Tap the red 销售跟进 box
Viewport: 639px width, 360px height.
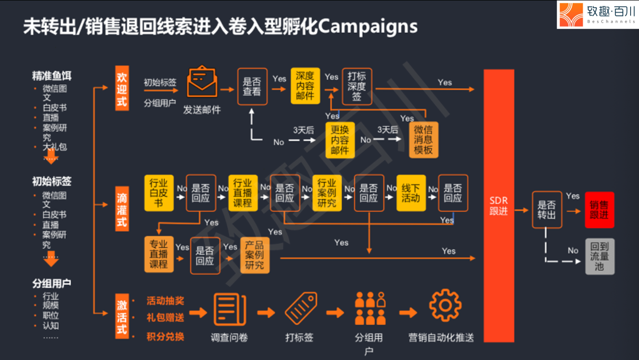(599, 210)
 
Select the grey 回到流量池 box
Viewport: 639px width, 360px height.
(599, 256)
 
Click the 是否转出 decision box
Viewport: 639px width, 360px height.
(547, 210)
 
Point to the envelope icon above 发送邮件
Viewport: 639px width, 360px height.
(202, 83)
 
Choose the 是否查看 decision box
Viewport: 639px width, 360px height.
(252, 87)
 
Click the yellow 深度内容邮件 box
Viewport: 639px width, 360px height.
(305, 86)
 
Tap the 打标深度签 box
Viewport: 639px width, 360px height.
(357, 86)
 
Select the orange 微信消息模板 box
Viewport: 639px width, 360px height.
(424, 140)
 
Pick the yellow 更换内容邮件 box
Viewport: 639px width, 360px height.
(340, 140)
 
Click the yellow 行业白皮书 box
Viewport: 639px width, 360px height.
(159, 193)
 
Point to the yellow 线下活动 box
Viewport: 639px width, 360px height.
(411, 193)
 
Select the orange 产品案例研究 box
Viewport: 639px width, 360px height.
(254, 255)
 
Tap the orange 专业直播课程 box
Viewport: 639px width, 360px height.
(159, 255)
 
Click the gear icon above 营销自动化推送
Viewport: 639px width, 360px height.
(445, 306)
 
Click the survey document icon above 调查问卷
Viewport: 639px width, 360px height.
(230, 309)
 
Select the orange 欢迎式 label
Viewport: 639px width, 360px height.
(122, 89)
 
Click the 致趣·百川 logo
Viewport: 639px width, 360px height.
(598, 15)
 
